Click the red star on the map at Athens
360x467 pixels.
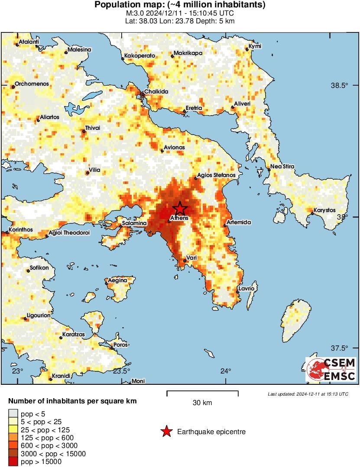(x=180, y=209)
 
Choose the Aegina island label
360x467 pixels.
(x=118, y=280)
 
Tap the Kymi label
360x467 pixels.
(x=254, y=47)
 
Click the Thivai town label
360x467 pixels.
(x=93, y=128)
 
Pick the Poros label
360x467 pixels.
(x=120, y=345)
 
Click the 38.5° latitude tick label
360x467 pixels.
(x=339, y=85)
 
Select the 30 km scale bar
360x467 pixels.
(x=202, y=393)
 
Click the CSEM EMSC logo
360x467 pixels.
(x=331, y=369)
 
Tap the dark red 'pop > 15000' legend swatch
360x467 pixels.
(x=13, y=462)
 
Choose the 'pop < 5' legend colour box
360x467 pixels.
(x=13, y=414)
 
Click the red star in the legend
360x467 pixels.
(x=166, y=432)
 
